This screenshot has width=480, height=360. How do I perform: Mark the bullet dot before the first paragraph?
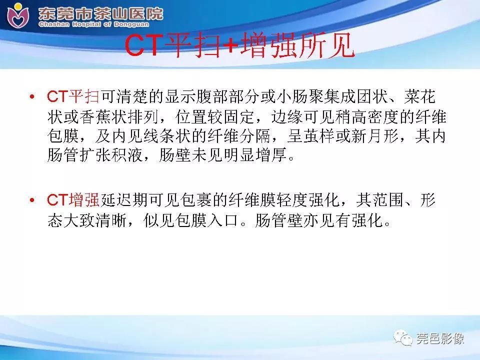coord(33,96)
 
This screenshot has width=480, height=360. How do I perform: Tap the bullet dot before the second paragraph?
coord(33,201)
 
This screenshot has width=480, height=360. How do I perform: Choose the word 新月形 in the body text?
coord(381,136)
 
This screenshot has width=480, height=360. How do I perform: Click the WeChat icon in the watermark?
coord(404,338)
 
